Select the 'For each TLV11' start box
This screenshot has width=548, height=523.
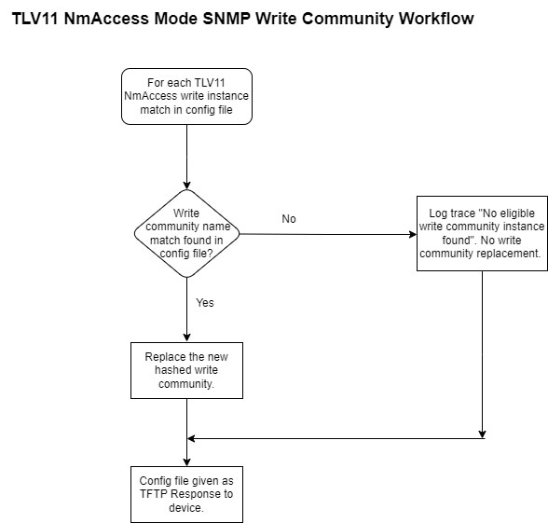186,97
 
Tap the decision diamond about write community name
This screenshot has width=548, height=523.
186,233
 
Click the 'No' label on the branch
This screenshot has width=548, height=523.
289,219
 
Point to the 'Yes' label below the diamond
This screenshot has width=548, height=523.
205,303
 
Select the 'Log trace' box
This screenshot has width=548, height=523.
482,233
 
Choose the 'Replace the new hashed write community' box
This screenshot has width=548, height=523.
186,371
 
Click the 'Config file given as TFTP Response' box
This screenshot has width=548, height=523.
186,494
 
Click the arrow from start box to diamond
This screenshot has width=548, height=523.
186,157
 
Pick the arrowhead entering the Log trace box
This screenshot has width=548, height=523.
413,234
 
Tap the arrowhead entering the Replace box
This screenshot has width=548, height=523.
186,337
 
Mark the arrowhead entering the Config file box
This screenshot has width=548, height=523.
186,461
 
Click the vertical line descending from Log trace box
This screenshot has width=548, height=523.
483,354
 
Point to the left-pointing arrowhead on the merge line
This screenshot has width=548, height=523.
191,438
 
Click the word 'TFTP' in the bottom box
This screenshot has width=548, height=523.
154,494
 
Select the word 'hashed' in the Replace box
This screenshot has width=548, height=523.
171,370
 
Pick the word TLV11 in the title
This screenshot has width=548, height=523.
35,19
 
